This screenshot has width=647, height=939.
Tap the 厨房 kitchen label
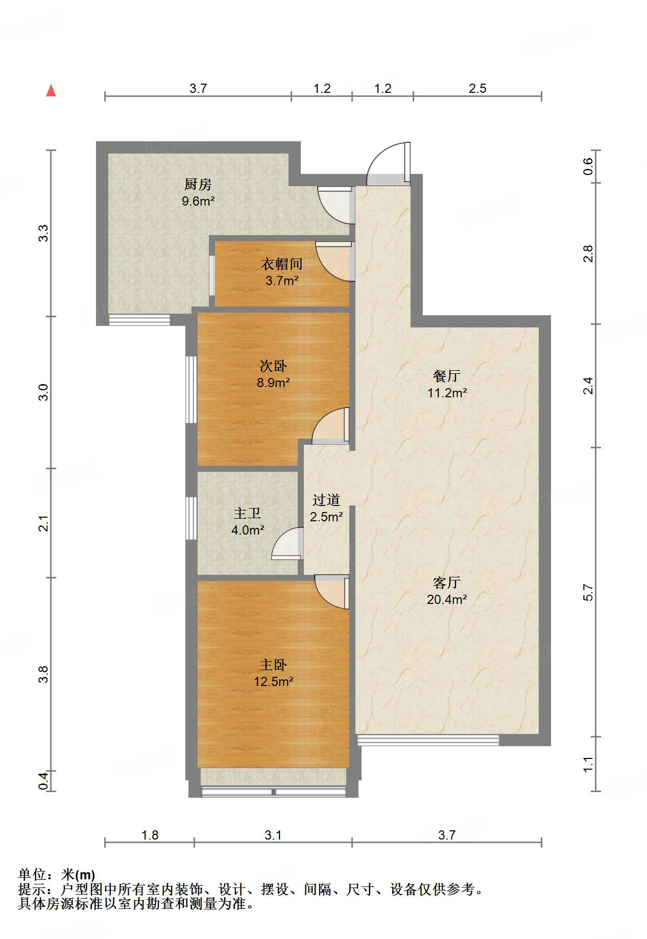[198, 184]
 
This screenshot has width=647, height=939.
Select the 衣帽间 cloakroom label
[282, 264]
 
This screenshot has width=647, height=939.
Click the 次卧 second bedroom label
[273, 366]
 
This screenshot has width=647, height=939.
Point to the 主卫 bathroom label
[248, 513]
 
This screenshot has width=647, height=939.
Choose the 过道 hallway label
[326, 500]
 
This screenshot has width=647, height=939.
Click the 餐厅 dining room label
[447, 376]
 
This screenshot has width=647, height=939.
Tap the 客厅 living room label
[447, 582]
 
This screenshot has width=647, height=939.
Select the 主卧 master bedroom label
[273, 665]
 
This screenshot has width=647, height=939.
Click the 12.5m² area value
[273, 681]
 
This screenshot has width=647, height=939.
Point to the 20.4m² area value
[447, 599]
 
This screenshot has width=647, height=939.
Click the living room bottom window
[428, 740]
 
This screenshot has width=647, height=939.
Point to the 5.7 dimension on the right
[588, 592]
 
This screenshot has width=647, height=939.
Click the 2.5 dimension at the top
[477, 88]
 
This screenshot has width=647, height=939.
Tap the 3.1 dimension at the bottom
[273, 835]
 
